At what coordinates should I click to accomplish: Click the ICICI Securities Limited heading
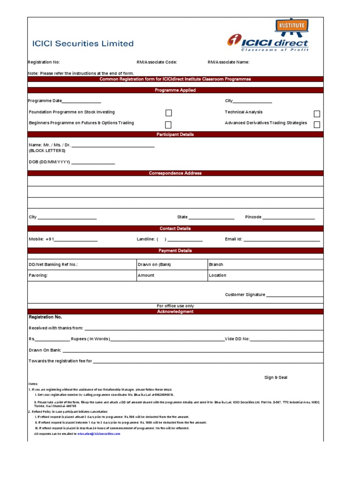point(82,44)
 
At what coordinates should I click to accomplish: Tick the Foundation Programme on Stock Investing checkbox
point(169,113)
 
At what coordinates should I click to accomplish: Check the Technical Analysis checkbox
point(317,113)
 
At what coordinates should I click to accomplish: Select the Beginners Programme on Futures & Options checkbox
point(168,125)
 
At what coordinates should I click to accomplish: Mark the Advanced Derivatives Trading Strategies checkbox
point(317,124)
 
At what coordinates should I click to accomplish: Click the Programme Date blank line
point(82,101)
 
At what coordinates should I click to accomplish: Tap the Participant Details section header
point(175,135)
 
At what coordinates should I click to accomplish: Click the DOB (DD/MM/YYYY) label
point(49,162)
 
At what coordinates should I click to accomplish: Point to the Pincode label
point(253,217)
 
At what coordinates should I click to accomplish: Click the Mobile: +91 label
point(42,239)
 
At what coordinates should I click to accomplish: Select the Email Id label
point(233,239)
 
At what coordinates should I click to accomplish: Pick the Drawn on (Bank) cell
point(171,264)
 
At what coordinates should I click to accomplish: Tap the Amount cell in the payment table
point(171,275)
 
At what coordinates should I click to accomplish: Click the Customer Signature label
point(245,295)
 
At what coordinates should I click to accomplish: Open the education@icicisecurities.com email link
point(99,434)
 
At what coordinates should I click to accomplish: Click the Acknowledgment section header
point(175,312)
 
